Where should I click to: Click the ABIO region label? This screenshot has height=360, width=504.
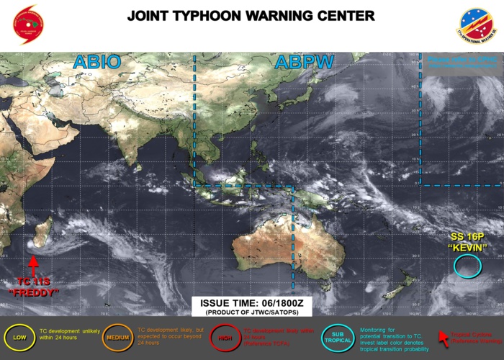coord(96,63)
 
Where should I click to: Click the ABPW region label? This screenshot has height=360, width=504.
coord(304,63)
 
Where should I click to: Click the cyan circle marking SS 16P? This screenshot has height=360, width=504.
coord(467,268)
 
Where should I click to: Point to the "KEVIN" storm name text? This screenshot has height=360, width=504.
coord(468,248)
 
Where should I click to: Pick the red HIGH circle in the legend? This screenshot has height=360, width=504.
coord(225,336)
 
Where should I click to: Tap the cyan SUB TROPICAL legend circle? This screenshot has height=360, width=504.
coord(338,336)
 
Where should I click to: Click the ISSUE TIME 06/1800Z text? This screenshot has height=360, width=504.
coord(251,304)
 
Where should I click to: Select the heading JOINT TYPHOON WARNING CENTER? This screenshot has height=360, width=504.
coord(251,16)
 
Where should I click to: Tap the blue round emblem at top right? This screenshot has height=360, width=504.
coord(476,25)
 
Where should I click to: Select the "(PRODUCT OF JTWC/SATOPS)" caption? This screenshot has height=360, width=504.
coord(251,313)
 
